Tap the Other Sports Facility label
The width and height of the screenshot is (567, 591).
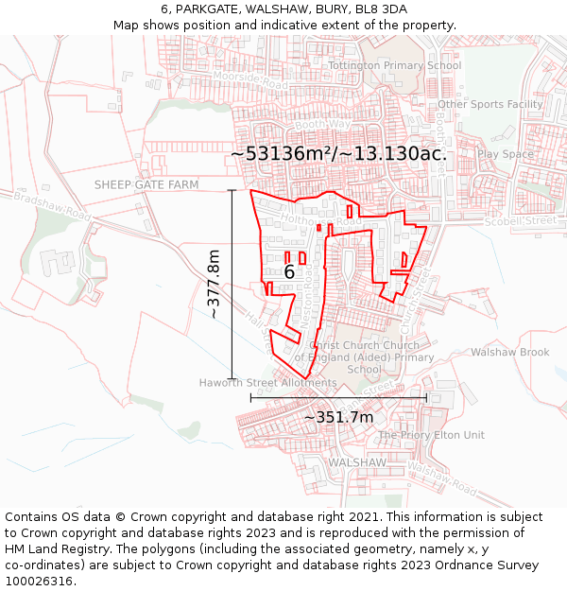pyautogui.click(x=490, y=104)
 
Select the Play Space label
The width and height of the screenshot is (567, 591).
pyautogui.click(x=505, y=154)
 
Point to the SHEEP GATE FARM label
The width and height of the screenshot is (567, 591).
pyautogui.click(x=146, y=185)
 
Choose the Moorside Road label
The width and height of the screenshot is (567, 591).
pyautogui.click(x=249, y=79)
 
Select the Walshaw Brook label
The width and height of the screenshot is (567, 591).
pyautogui.click(x=509, y=353)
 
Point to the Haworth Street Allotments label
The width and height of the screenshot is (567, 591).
pyautogui.click(x=267, y=383)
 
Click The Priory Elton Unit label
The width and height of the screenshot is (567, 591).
pyautogui.click(x=431, y=435)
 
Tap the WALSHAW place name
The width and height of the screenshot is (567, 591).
pyautogui.click(x=357, y=462)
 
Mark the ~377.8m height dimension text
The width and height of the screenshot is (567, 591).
pyautogui.click(x=214, y=284)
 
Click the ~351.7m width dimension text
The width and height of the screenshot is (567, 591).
pyautogui.click(x=338, y=417)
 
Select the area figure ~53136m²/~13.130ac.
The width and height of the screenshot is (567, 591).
pyautogui.click(x=338, y=153)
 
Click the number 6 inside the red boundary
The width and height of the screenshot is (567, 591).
pyautogui.click(x=289, y=272)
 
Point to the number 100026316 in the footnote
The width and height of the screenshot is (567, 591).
pyautogui.click(x=40, y=581)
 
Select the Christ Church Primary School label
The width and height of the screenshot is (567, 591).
pyautogui.click(x=365, y=357)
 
